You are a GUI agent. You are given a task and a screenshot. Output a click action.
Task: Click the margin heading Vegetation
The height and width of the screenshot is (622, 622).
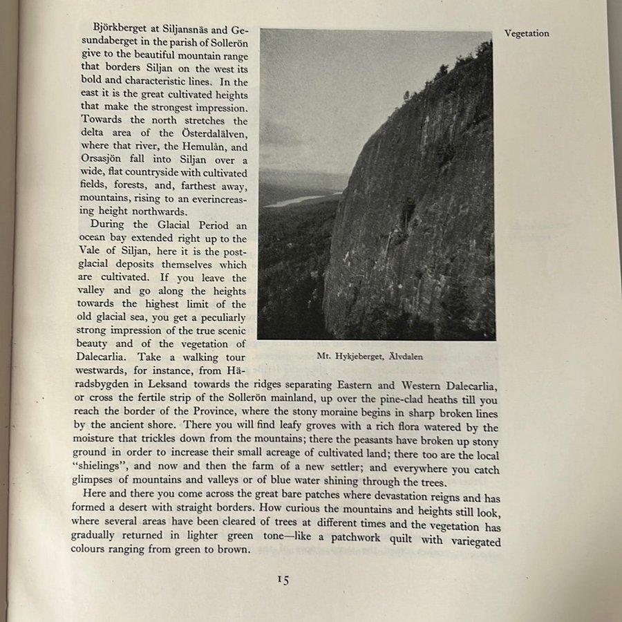coord(527,33)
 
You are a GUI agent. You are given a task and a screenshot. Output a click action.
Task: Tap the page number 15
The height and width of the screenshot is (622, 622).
coord(283,580)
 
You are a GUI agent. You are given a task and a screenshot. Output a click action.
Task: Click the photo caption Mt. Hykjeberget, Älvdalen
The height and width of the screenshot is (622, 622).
coord(369,357)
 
